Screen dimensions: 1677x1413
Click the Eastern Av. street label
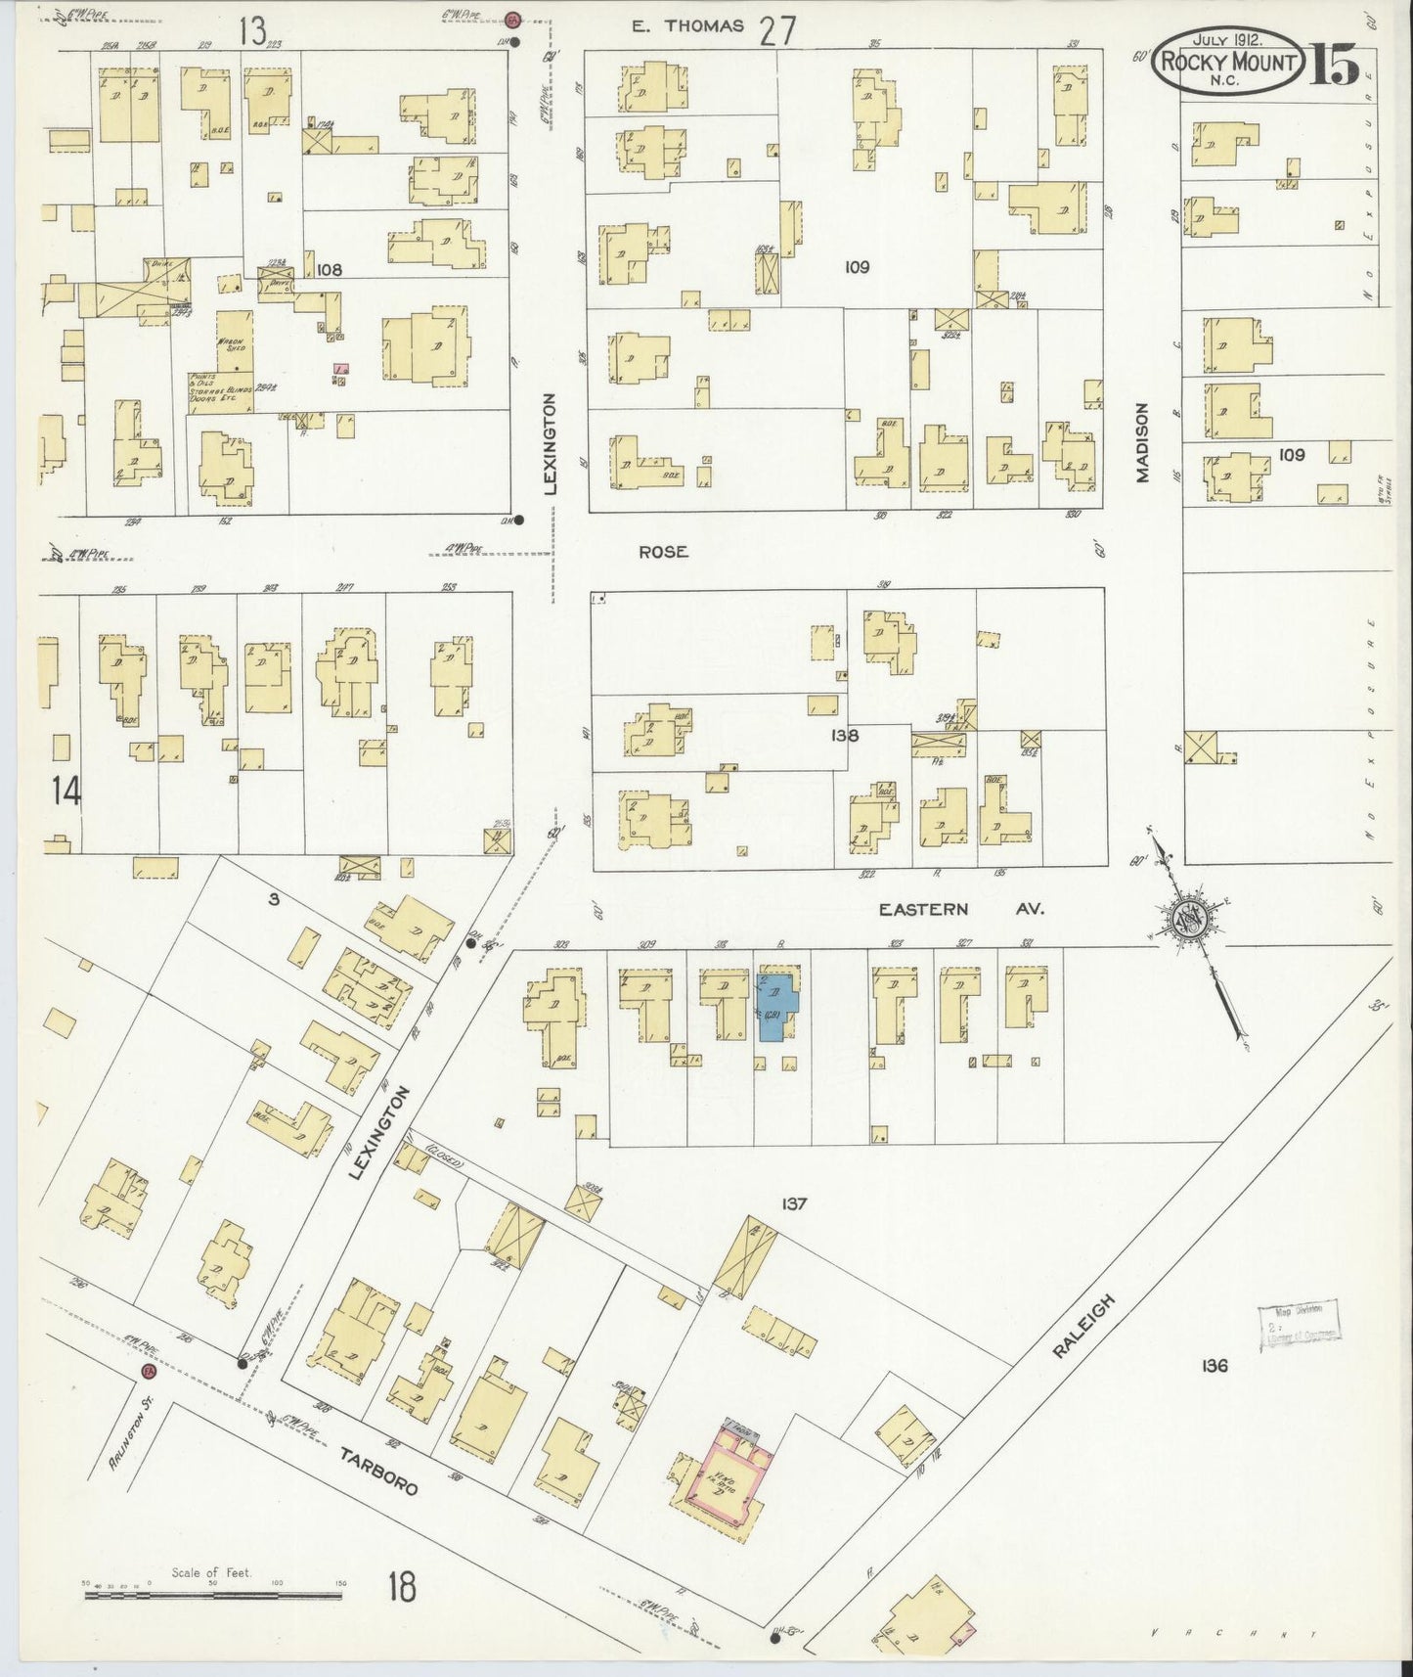[x=960, y=909]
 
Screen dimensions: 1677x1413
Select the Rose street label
[x=663, y=552]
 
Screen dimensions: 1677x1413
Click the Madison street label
[x=1141, y=442]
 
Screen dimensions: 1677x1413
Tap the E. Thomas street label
[x=687, y=26]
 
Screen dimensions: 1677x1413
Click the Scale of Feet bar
[x=212, y=1594]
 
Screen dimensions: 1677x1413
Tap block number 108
[x=330, y=269]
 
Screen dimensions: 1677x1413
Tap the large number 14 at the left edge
[x=66, y=791]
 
